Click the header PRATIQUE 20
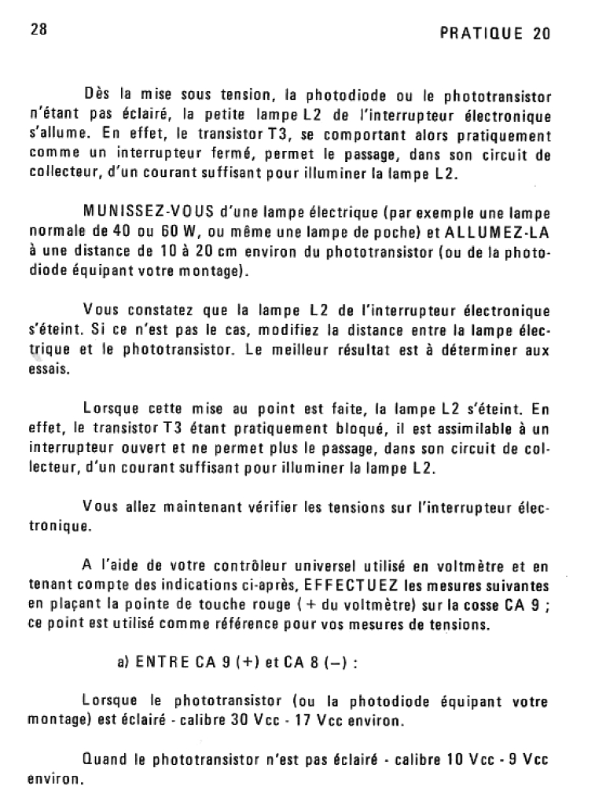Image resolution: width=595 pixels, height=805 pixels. coord(495,33)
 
